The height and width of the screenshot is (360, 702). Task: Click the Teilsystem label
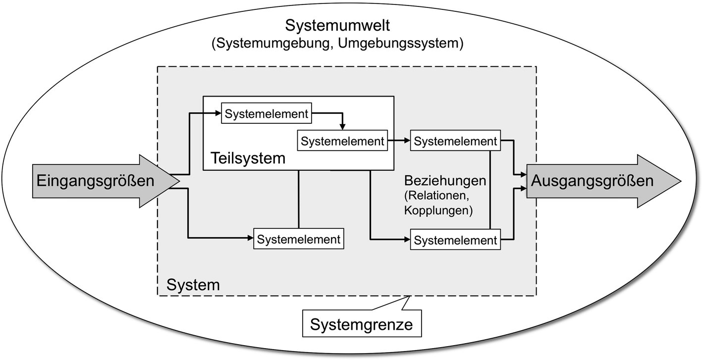coord(248,158)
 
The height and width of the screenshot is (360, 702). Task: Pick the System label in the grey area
coord(193,285)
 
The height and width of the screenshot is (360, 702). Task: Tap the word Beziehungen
coord(444,180)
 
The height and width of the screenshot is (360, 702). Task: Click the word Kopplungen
coord(436,210)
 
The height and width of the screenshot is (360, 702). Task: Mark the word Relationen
coord(436,196)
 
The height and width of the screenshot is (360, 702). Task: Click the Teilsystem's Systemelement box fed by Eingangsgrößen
coord(267,113)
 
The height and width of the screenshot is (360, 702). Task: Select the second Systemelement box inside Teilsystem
coord(342,141)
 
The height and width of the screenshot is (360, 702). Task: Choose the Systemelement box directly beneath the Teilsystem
coord(299,239)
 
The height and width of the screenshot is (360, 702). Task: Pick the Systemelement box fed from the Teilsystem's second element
coord(455,141)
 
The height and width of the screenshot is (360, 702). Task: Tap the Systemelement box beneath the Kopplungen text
coord(455,241)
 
